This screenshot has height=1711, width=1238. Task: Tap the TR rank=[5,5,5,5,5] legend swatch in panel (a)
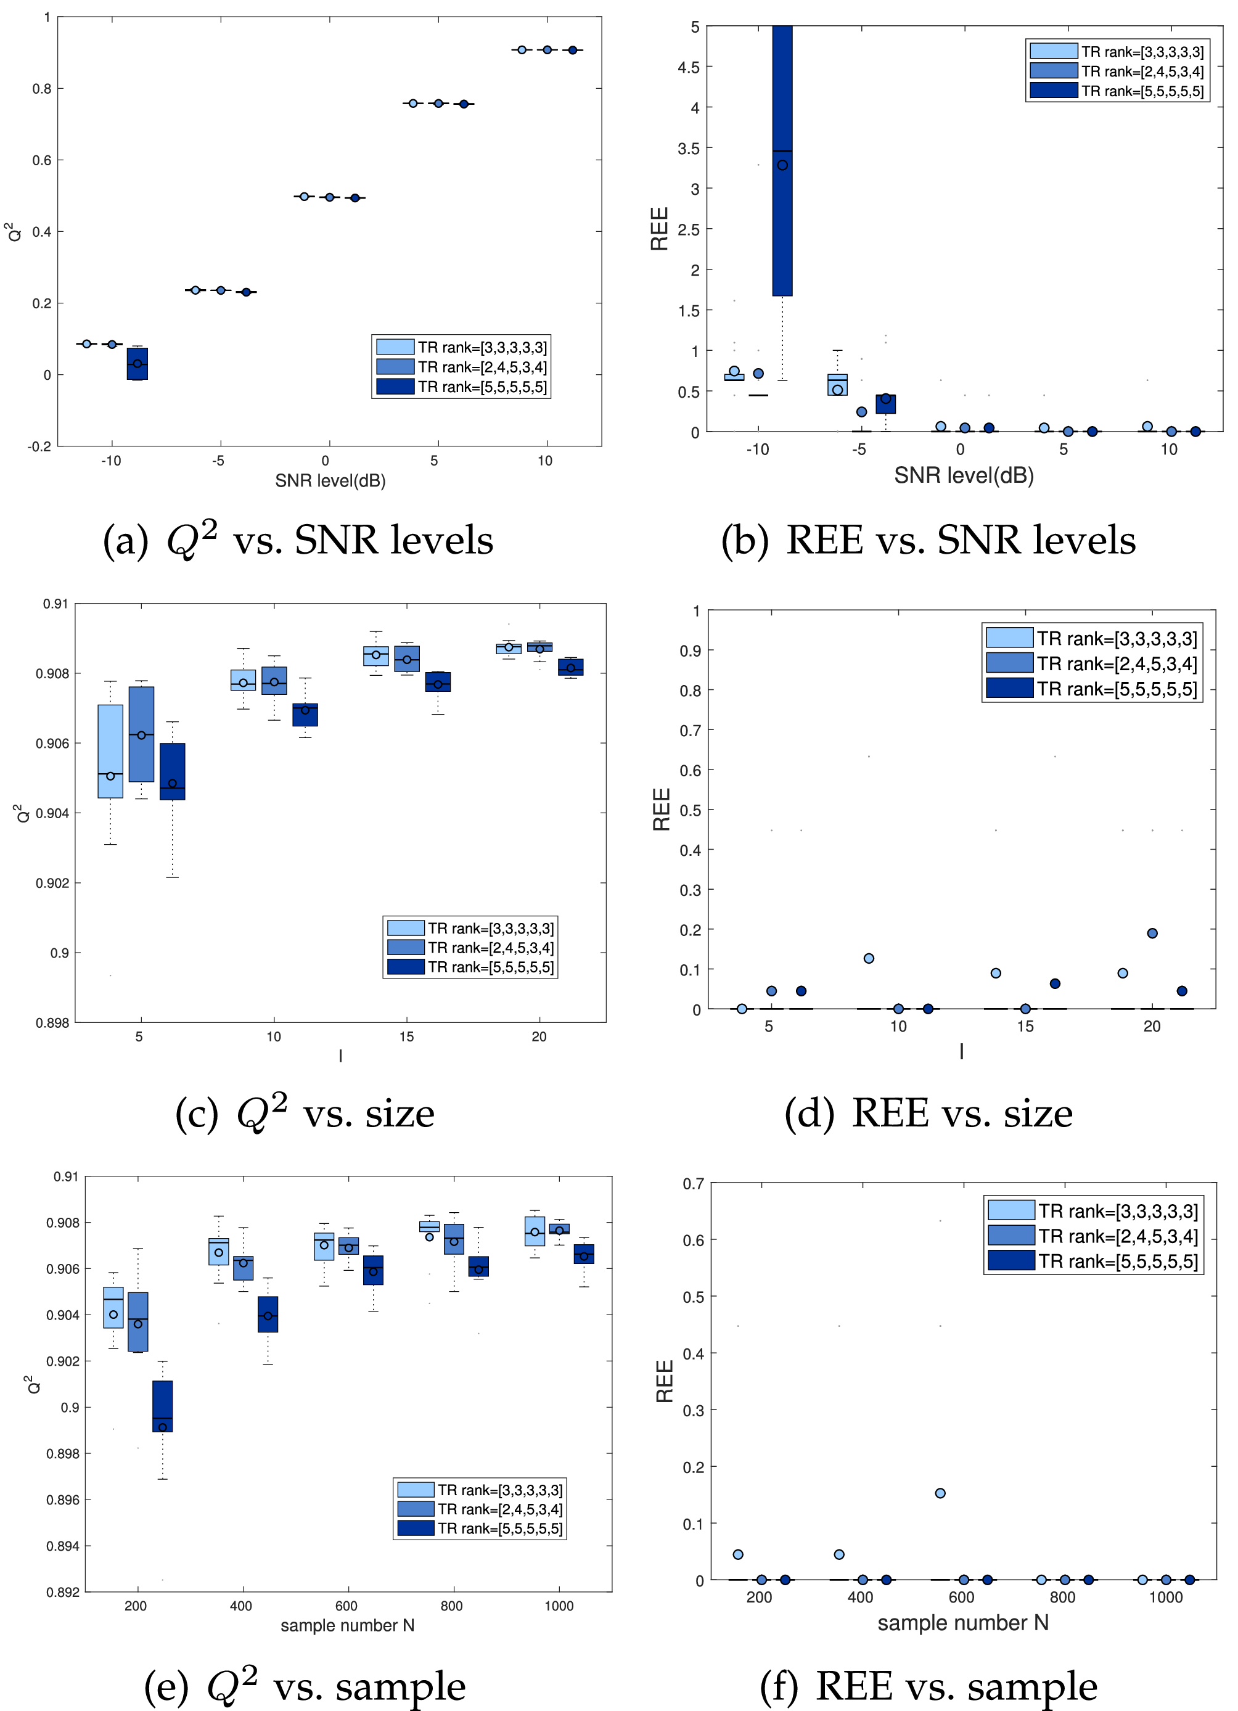tap(395, 386)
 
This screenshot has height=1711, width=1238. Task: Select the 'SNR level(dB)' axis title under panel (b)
tap(964, 475)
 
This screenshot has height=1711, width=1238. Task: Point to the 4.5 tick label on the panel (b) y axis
tap(689, 68)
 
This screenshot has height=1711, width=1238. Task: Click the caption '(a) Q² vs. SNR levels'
tap(298, 540)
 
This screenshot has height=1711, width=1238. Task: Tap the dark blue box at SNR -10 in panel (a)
tap(137, 364)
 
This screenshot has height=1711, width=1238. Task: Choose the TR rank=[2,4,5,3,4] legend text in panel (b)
tap(1142, 72)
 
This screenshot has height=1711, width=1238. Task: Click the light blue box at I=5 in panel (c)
tap(111, 752)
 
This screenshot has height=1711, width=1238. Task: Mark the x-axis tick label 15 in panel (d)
tap(1025, 1027)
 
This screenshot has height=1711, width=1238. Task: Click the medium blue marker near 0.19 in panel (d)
tap(1152, 933)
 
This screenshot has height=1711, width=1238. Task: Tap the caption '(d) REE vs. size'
tap(928, 1114)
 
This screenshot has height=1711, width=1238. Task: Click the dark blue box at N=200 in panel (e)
tap(162, 1406)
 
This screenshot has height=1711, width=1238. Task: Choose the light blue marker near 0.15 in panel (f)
tap(940, 1493)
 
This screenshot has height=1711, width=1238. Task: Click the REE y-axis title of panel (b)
tap(659, 229)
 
